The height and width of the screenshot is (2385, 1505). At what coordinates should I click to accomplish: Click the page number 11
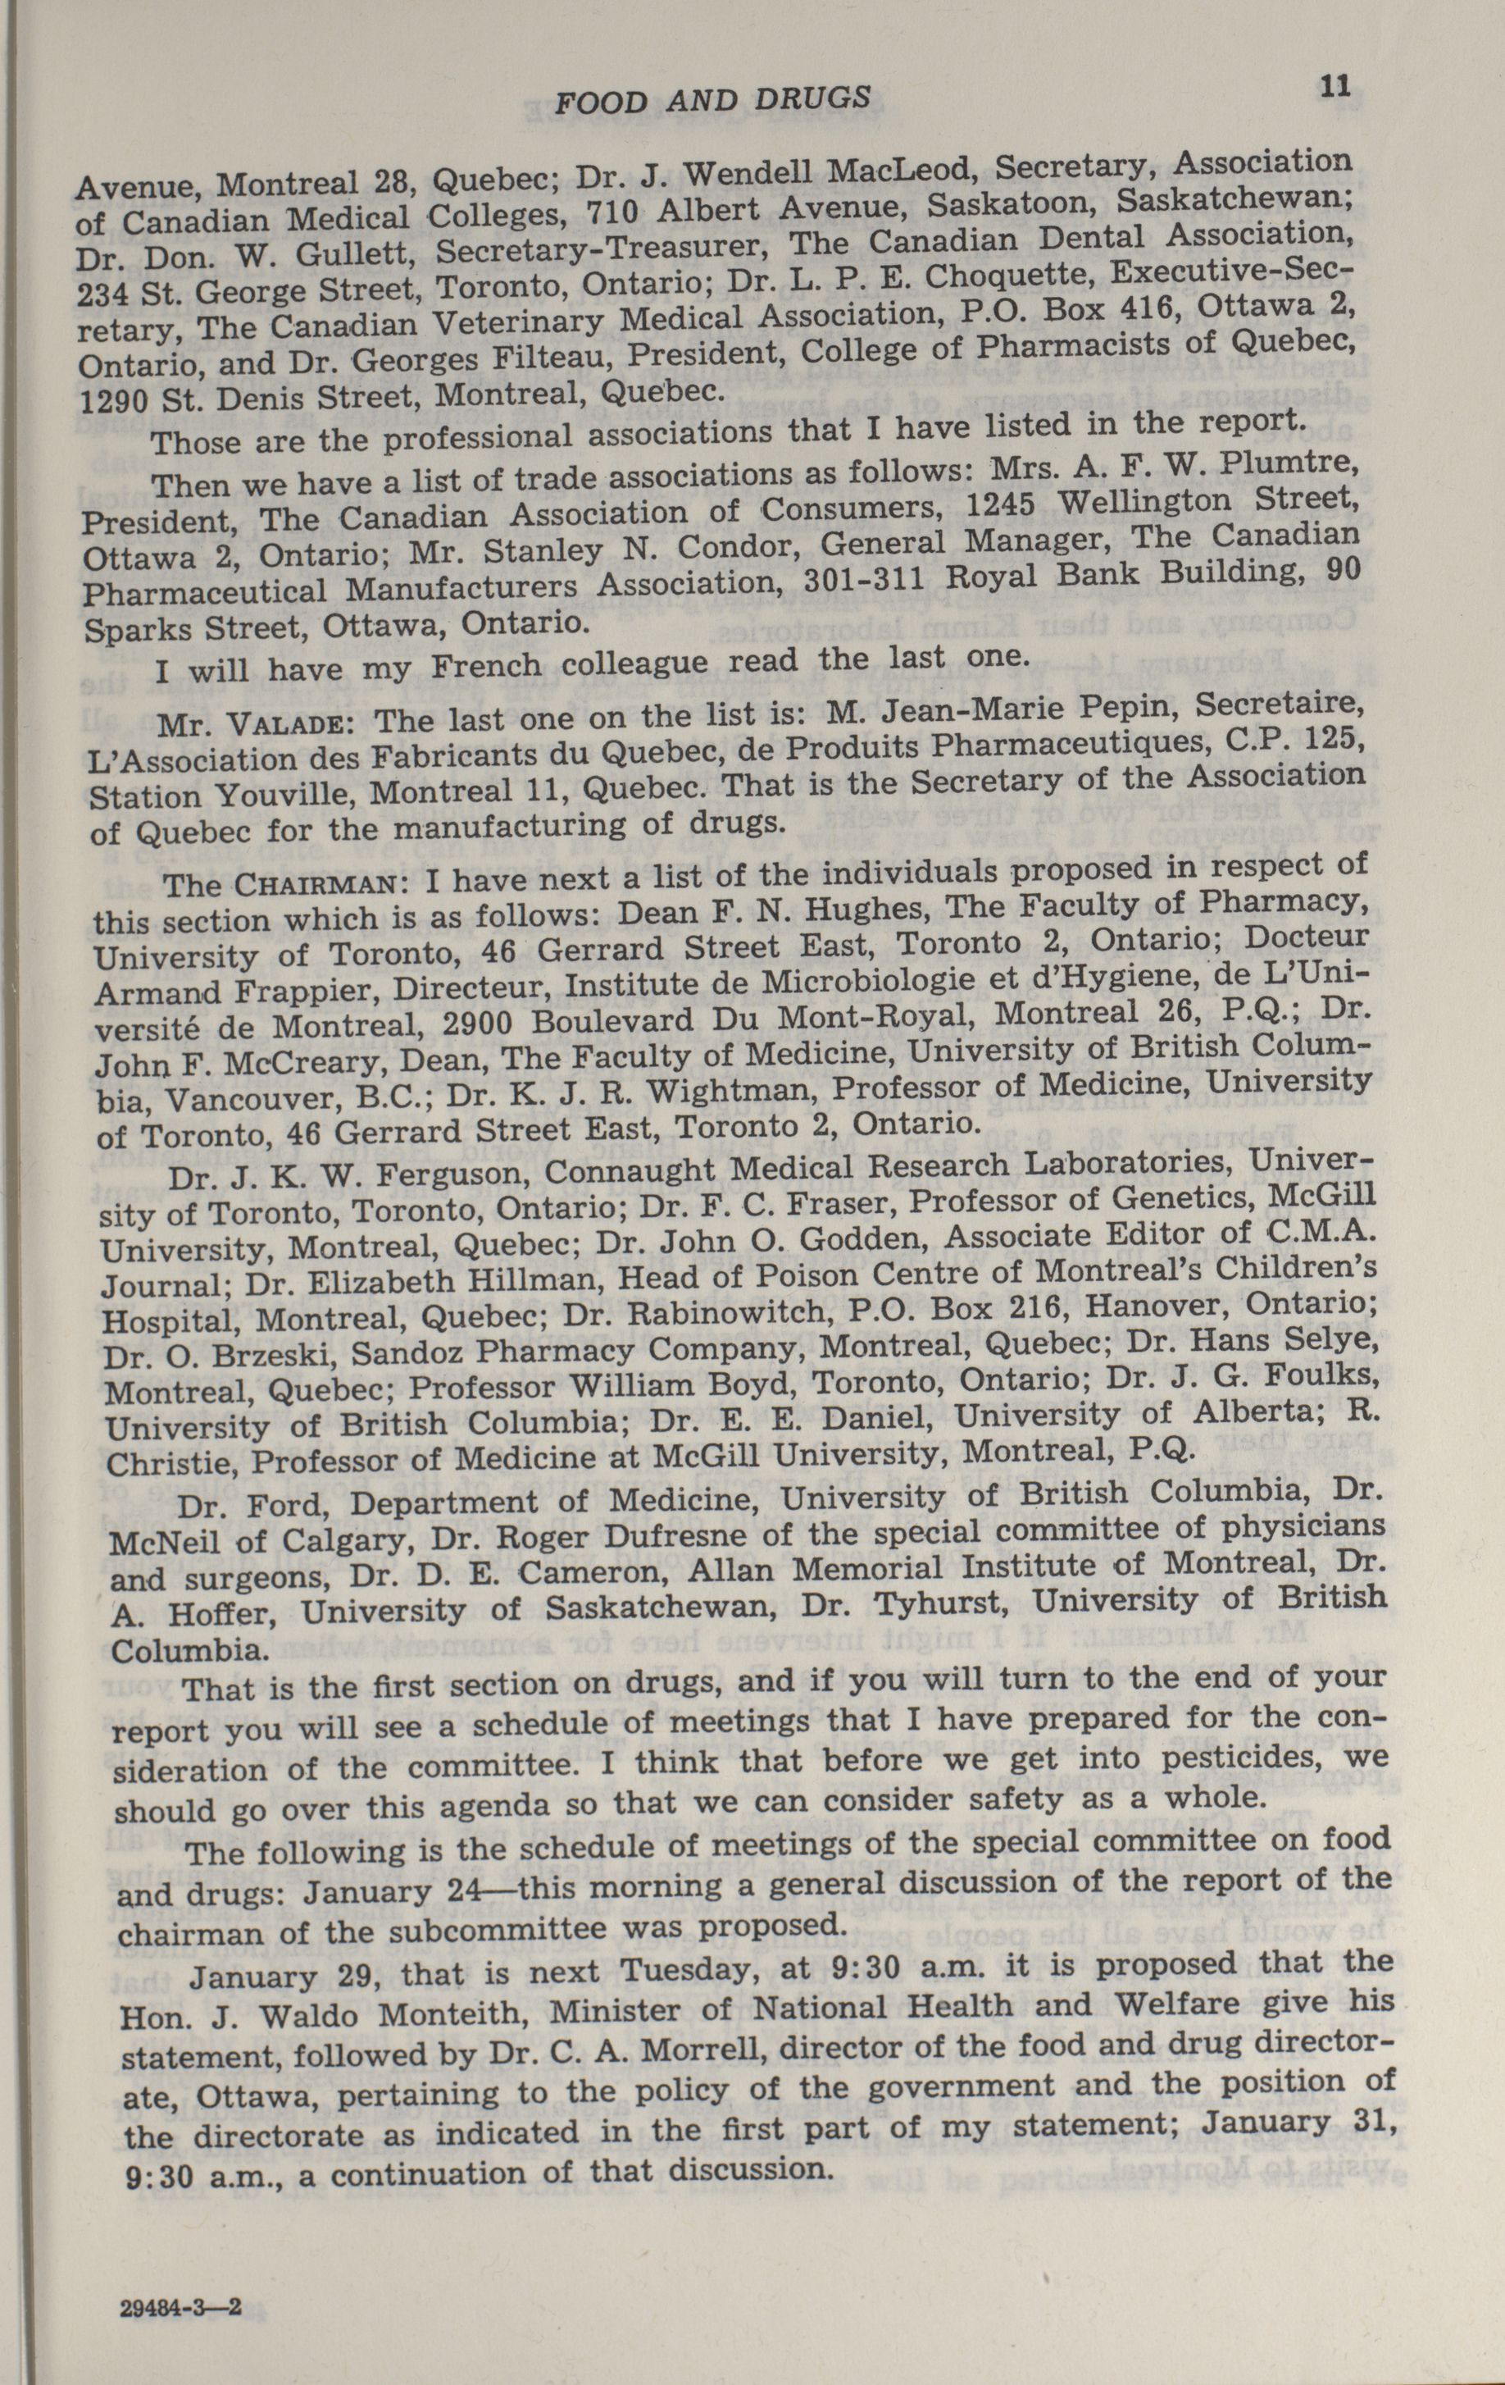1334,86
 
